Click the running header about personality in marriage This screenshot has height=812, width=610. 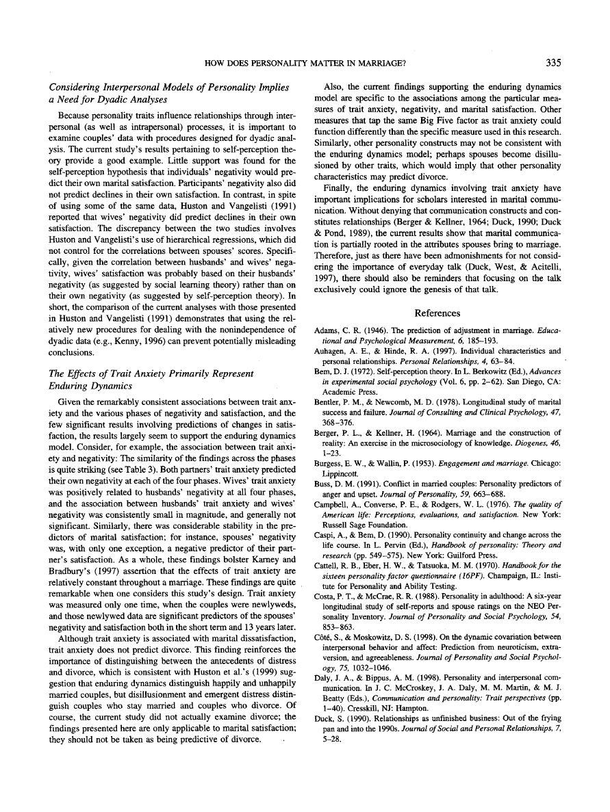click(x=304, y=64)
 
